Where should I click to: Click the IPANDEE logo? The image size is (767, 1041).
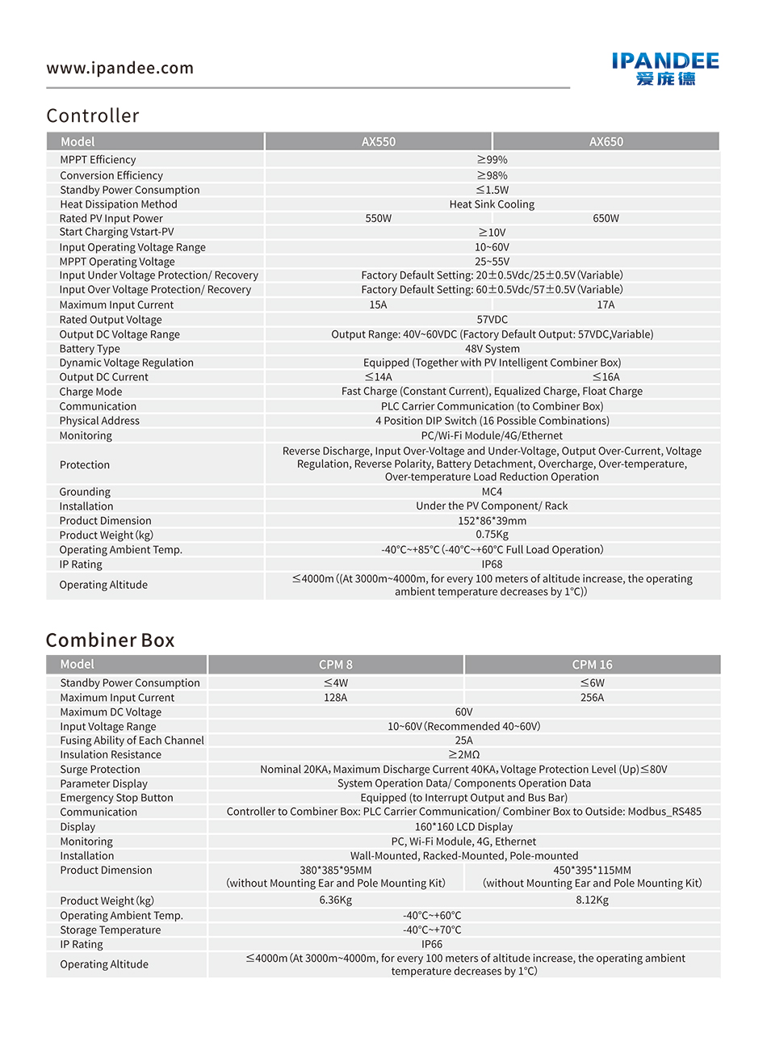(665, 69)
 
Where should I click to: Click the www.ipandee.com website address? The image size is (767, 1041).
(120, 69)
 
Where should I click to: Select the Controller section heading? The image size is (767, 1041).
(93, 115)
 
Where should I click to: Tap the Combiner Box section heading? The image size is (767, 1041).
(110, 640)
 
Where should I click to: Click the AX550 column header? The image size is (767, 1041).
(378, 142)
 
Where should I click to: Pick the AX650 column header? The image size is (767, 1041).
(606, 142)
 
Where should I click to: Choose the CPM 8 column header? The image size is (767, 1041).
(335, 665)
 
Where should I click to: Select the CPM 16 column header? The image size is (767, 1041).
(592, 665)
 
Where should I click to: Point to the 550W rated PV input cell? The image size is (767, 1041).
(378, 219)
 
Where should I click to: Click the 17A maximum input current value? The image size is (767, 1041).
(606, 305)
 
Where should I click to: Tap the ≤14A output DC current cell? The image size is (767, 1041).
(378, 377)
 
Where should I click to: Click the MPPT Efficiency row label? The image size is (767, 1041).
(98, 160)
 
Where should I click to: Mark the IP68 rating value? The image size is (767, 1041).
(492, 565)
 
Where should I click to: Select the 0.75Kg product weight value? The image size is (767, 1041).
(492, 535)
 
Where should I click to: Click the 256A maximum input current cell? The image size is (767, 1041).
(592, 698)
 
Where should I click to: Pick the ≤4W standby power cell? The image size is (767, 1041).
(335, 683)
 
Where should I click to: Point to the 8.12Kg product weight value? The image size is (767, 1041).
(592, 900)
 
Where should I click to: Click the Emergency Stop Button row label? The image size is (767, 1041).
(116, 798)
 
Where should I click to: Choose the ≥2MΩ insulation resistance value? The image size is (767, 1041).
(463, 755)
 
